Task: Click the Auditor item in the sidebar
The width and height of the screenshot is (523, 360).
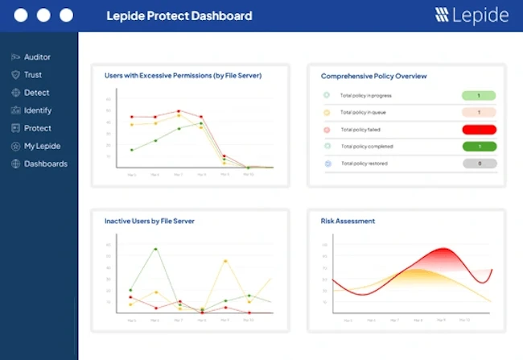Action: tap(37, 57)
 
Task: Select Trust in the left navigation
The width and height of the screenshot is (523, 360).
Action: tap(32, 75)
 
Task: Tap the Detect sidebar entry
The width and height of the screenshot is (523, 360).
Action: tap(36, 93)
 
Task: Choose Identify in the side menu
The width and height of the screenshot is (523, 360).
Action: tap(37, 110)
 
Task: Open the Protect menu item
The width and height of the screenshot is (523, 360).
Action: tap(37, 128)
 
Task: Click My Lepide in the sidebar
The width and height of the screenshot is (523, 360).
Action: tap(42, 146)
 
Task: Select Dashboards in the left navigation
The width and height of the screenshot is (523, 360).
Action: tap(45, 163)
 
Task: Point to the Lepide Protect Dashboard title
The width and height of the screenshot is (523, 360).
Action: tap(179, 15)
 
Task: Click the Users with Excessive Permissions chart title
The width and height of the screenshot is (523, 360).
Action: tap(183, 76)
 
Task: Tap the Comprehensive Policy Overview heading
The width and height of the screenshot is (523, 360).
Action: tap(373, 76)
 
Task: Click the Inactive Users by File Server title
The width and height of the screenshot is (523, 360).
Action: tap(149, 221)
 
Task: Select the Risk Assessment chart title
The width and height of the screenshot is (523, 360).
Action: tap(348, 221)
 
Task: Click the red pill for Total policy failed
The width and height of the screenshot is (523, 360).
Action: tap(479, 129)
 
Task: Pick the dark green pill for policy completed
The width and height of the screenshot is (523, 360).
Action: tap(479, 147)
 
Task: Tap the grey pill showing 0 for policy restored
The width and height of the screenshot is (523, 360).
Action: tap(479, 163)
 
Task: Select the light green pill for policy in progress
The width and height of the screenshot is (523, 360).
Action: tap(479, 95)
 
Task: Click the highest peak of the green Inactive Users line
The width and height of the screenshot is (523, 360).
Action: tap(155, 249)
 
